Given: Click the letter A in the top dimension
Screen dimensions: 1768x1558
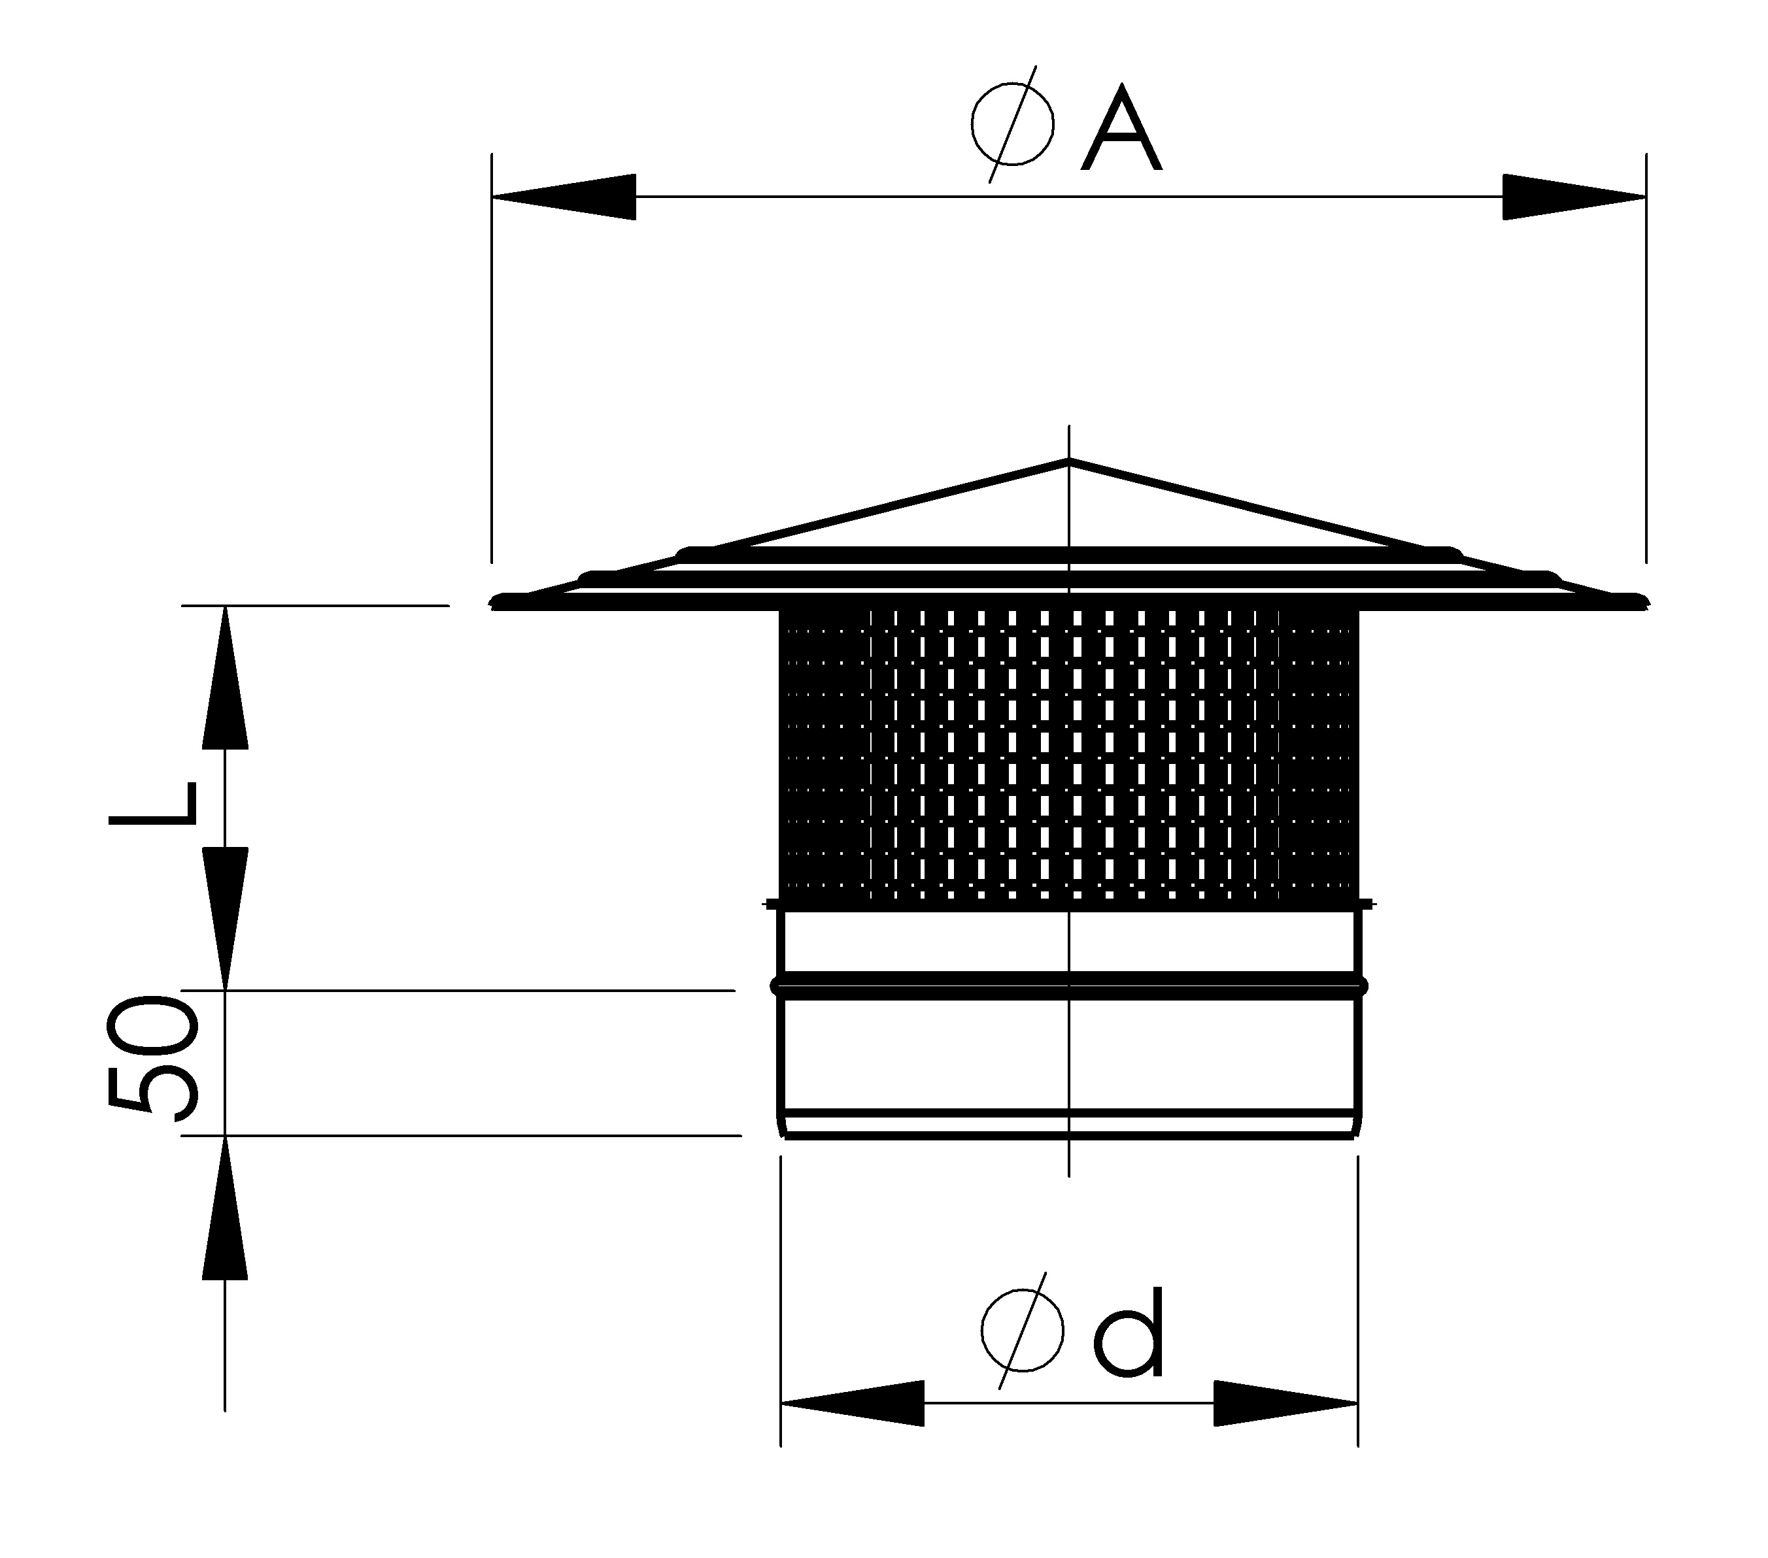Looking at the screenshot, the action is (1121, 128).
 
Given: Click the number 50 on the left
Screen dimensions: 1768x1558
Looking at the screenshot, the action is (152, 1057).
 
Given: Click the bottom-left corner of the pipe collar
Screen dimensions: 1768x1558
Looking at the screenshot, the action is (784, 1138).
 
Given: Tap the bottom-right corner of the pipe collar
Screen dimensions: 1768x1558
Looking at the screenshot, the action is (1355, 1138).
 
